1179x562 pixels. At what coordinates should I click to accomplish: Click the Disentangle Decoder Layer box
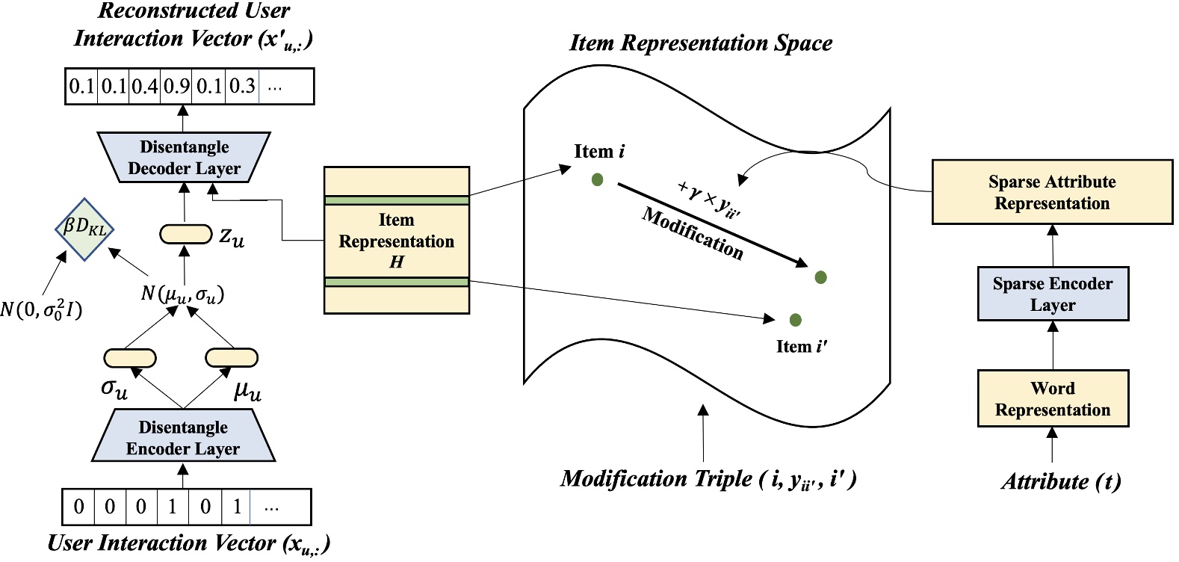tap(184, 158)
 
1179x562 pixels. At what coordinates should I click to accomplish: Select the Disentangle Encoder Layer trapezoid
tap(183, 438)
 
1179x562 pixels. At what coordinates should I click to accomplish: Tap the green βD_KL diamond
tap(84, 229)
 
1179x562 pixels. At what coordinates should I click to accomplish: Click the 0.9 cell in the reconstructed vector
tap(176, 87)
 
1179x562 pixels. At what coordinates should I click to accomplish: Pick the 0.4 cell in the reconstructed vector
tap(144, 87)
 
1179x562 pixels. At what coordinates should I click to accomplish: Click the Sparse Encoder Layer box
tap(1052, 294)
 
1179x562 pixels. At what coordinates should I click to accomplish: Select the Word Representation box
tap(1052, 399)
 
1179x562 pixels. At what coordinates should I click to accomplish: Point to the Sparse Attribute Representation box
tap(1052, 193)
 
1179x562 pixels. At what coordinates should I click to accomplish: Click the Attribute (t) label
tap(1060, 482)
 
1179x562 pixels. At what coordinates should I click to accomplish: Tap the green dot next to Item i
tap(597, 179)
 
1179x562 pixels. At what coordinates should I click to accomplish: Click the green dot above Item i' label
tap(795, 320)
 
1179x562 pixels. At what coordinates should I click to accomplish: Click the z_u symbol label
tap(232, 237)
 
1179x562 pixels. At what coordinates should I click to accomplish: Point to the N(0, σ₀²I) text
tap(41, 308)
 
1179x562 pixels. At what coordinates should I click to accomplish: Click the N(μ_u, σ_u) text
tap(182, 294)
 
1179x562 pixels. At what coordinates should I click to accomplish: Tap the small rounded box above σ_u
tap(129, 358)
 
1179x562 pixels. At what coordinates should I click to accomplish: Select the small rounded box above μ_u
tap(231, 358)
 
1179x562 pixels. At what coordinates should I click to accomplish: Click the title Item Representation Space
tap(701, 43)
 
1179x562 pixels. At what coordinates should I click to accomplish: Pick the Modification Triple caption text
tap(708, 478)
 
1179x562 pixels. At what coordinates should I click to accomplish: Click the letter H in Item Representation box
tap(396, 262)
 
